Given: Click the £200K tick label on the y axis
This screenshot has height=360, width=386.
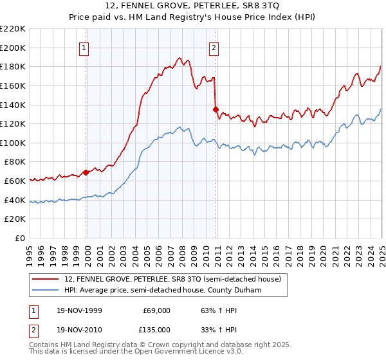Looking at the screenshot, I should (x=13, y=48).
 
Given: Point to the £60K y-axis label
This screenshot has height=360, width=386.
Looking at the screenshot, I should (x=15, y=181).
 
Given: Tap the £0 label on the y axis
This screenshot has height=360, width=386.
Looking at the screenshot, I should (x=20, y=239).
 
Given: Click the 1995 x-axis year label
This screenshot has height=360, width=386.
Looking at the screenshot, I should (x=30, y=251).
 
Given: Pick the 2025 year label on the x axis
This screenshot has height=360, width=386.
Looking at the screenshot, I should (x=381, y=251).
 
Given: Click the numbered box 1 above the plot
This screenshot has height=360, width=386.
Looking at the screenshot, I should (x=85, y=46).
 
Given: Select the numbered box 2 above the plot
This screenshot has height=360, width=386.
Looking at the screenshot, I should (x=214, y=46).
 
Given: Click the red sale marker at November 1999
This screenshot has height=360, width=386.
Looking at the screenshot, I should (x=86, y=172).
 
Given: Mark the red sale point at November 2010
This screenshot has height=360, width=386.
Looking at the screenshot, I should (x=216, y=109).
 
